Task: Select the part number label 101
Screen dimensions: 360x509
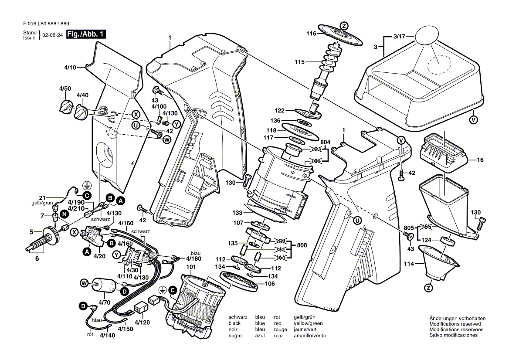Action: tap(191, 266)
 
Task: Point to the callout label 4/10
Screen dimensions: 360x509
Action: tap(70, 68)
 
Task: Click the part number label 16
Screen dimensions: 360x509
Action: tap(480, 160)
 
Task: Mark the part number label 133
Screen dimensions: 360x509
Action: tap(237, 213)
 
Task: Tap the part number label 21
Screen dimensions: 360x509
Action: tap(42, 197)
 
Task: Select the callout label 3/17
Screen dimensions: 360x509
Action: tap(399, 36)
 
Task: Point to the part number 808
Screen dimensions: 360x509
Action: tap(302, 245)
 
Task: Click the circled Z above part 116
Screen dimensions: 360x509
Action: tap(344, 26)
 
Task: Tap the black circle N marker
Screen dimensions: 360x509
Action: tap(64, 214)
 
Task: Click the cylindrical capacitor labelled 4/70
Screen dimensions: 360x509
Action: tap(105, 285)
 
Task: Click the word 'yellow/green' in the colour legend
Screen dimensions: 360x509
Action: tap(308, 323)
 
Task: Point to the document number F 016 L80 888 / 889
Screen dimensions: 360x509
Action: tap(45, 24)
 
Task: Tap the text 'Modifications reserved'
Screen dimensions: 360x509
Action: tap(455, 324)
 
